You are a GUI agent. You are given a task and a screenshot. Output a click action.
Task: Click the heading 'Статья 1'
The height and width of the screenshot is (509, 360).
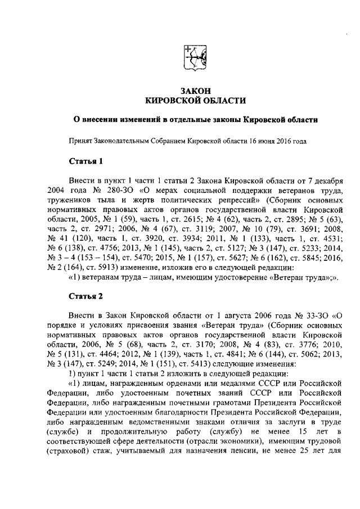pos(85,162)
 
